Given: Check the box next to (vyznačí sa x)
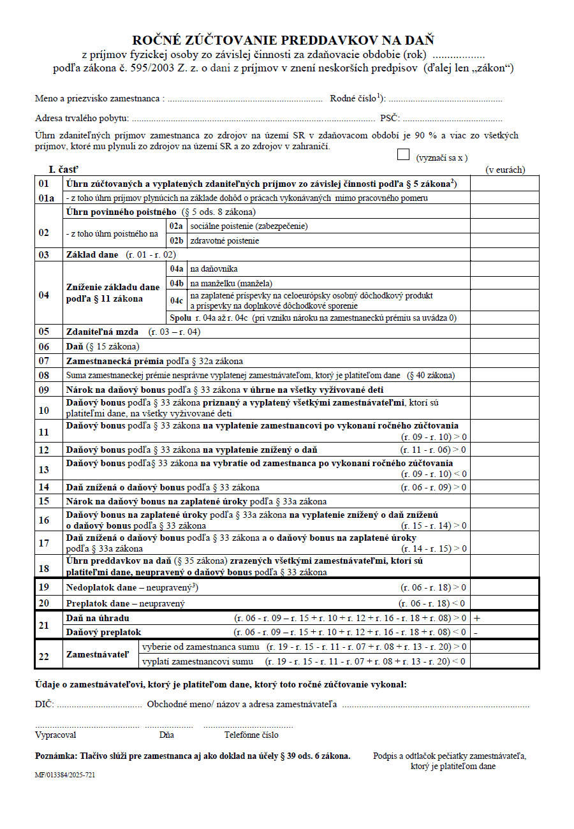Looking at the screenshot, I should [403, 155].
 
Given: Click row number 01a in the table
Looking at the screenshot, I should [47, 198].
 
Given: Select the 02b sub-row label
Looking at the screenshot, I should [175, 241].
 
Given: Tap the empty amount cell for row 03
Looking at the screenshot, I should [504, 254].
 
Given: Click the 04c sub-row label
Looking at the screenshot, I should [176, 300].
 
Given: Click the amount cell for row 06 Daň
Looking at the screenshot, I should [504, 346].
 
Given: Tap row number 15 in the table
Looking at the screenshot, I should [44, 502].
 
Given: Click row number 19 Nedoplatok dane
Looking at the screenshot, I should [44, 587].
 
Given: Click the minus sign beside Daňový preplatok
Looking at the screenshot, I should [476, 632].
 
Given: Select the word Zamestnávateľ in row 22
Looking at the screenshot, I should [97, 654].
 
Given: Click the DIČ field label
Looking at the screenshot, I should [45, 705].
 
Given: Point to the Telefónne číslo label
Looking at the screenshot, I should [242, 735].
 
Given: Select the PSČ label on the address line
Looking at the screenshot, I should [389, 118].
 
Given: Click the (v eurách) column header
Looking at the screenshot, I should [505, 170].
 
